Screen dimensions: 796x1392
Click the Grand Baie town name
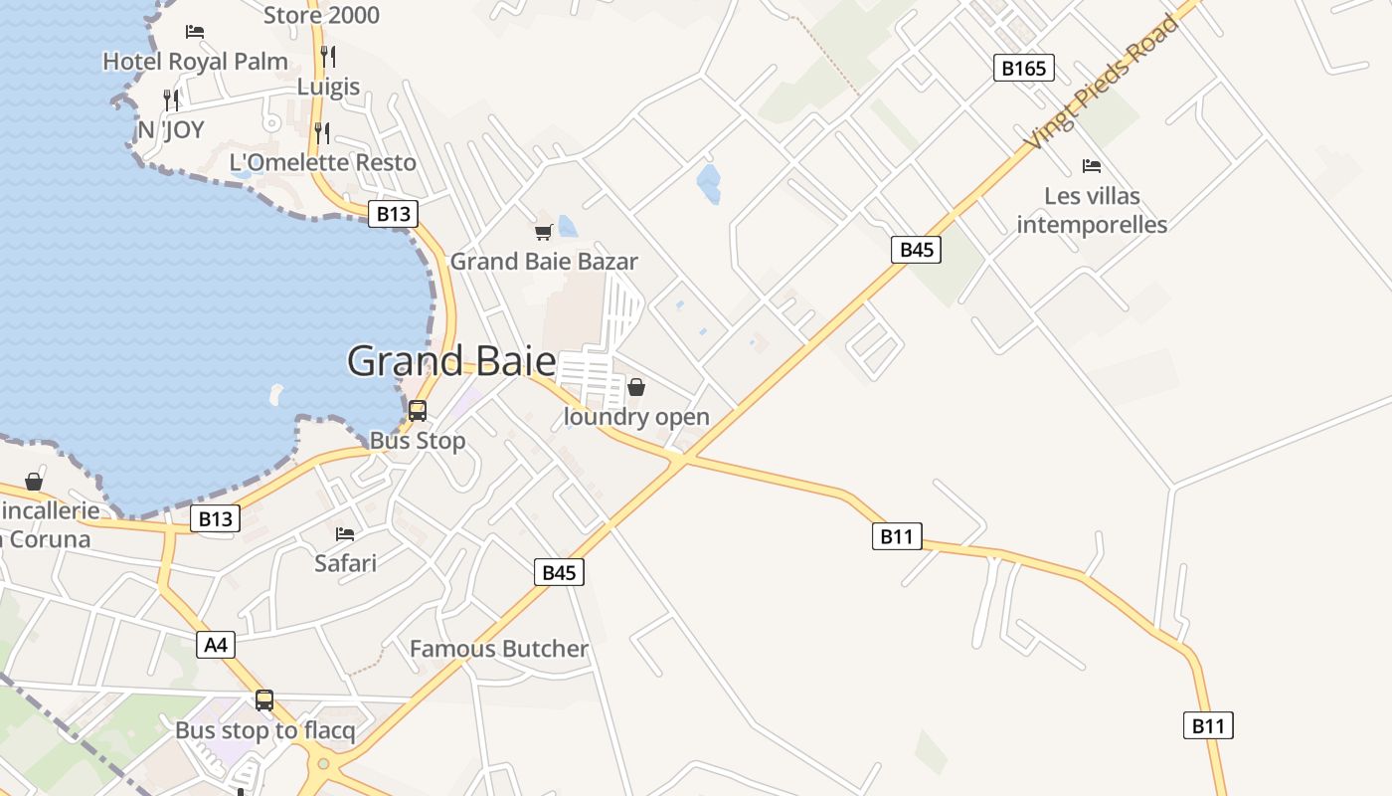pyautogui.click(x=450, y=360)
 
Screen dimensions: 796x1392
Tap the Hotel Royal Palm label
pyautogui.click(x=195, y=61)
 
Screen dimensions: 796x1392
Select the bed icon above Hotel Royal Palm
pyautogui.click(x=195, y=32)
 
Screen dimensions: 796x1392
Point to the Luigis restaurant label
pyautogui.click(x=328, y=87)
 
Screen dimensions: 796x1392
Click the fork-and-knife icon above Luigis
pyautogui.click(x=328, y=56)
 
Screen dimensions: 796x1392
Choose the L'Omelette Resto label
pyautogui.click(x=323, y=162)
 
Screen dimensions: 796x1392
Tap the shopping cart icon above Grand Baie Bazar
pyautogui.click(x=543, y=232)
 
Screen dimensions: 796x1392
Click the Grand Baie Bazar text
pyautogui.click(x=544, y=262)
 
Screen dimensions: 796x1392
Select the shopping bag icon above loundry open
pyautogui.click(x=636, y=387)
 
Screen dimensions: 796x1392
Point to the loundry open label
pyautogui.click(x=636, y=417)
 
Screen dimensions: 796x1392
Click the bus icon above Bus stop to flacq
pyautogui.click(x=264, y=700)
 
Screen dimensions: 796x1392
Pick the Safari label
pyautogui.click(x=345, y=563)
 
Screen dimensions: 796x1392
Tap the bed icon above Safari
pyautogui.click(x=345, y=534)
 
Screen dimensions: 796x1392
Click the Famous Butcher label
pyautogui.click(x=499, y=649)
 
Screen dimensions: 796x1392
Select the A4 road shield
pyautogui.click(x=216, y=645)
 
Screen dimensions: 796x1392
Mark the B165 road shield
pyautogui.click(x=1023, y=68)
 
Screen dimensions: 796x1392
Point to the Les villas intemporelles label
pyautogui.click(x=1092, y=210)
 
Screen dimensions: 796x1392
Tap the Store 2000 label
pyautogui.click(x=321, y=15)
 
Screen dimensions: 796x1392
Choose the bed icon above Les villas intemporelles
pyautogui.click(x=1092, y=165)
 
